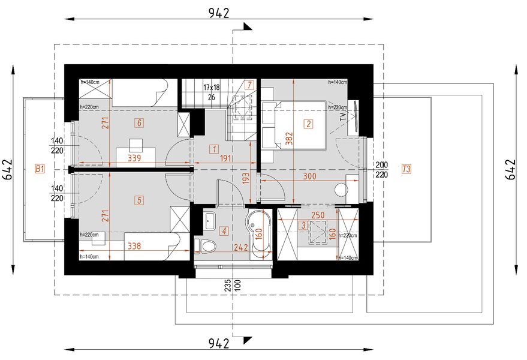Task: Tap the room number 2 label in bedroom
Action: (x=308, y=124)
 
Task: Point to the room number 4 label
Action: (x=224, y=230)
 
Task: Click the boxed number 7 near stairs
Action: (x=250, y=85)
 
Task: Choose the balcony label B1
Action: (x=40, y=170)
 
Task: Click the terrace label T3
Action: (x=406, y=170)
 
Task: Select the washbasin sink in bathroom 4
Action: (x=210, y=220)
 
